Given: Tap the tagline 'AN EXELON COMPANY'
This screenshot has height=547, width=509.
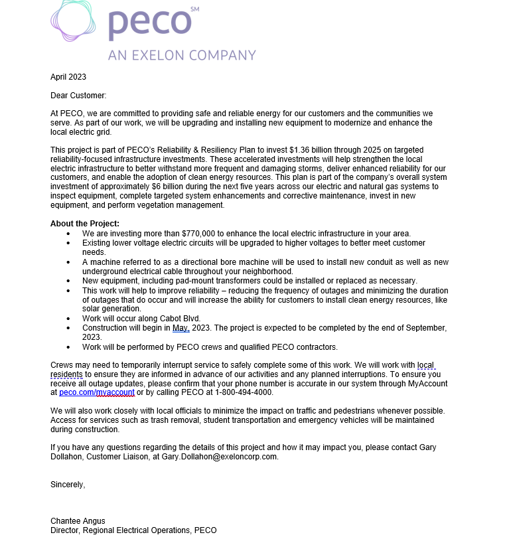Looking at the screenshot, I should (182, 55).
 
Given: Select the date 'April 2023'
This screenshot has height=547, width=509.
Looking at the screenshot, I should (68, 77).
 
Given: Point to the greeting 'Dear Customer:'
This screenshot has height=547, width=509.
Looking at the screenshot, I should (78, 96).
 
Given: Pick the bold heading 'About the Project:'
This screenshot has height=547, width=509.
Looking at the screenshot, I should (85, 224).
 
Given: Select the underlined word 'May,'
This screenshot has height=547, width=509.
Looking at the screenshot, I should (181, 328).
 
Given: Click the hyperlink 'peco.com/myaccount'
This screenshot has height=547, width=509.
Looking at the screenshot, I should (97, 392).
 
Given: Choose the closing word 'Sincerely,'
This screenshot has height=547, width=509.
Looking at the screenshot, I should (68, 484).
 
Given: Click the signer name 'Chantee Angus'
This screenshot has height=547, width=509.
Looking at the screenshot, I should (78, 521).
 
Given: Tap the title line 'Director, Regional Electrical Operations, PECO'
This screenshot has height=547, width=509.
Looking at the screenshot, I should (133, 530).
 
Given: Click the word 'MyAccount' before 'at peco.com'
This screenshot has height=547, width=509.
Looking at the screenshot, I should (427, 384).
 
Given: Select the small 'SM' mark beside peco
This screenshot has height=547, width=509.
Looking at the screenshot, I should (194, 9).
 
